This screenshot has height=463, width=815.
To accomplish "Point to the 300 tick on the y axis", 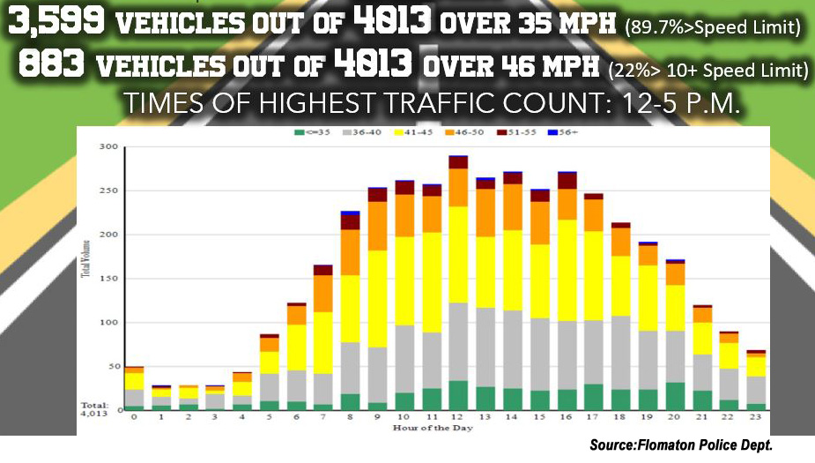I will coord(108,146).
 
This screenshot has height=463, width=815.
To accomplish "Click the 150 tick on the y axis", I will coord(108,279).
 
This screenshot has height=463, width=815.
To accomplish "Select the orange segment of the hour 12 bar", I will coord(457,187).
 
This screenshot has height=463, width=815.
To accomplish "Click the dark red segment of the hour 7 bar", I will coord(323,270).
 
